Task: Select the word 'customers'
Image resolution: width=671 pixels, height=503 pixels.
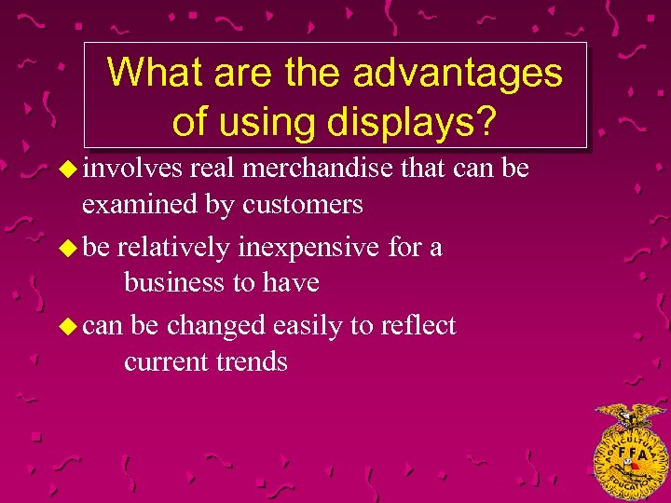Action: point(303,203)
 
